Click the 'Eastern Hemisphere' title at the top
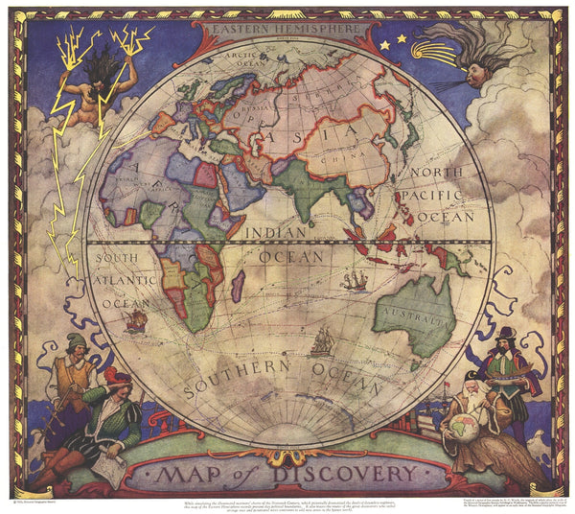[287, 31]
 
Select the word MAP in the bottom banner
[193, 474]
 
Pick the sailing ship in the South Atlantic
[135, 319]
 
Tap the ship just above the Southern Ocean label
[321, 341]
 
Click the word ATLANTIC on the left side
[124, 280]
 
